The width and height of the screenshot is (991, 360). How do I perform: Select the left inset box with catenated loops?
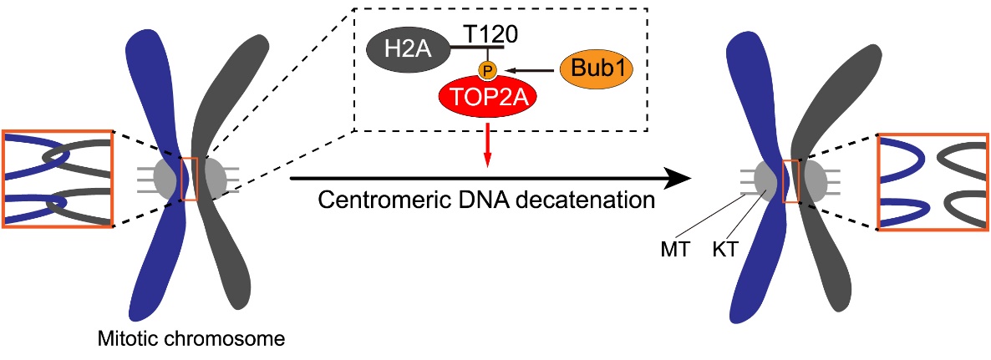[x=57, y=178]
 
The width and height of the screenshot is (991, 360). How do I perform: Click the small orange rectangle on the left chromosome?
[x=190, y=177]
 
